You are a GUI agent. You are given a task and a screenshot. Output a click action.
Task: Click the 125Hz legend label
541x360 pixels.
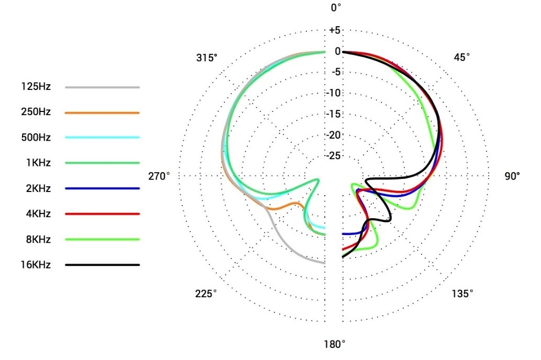(36, 86)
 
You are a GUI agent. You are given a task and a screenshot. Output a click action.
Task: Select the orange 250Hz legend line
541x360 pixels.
(103, 113)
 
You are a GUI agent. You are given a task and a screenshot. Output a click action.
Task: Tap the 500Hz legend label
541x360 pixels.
(36, 138)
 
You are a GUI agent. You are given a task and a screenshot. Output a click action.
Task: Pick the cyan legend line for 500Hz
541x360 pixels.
(103, 137)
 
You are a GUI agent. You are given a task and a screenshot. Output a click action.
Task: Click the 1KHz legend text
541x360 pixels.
(38, 163)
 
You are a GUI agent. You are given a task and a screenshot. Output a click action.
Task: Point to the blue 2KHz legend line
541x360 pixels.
(103, 188)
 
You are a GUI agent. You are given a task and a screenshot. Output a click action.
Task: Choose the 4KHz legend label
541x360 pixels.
(38, 214)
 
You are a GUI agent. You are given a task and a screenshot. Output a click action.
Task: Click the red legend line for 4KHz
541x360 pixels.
(103, 214)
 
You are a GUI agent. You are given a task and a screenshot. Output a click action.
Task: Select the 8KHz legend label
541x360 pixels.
(38, 239)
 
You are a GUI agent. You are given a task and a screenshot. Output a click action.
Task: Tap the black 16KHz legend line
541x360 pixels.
(103, 265)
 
